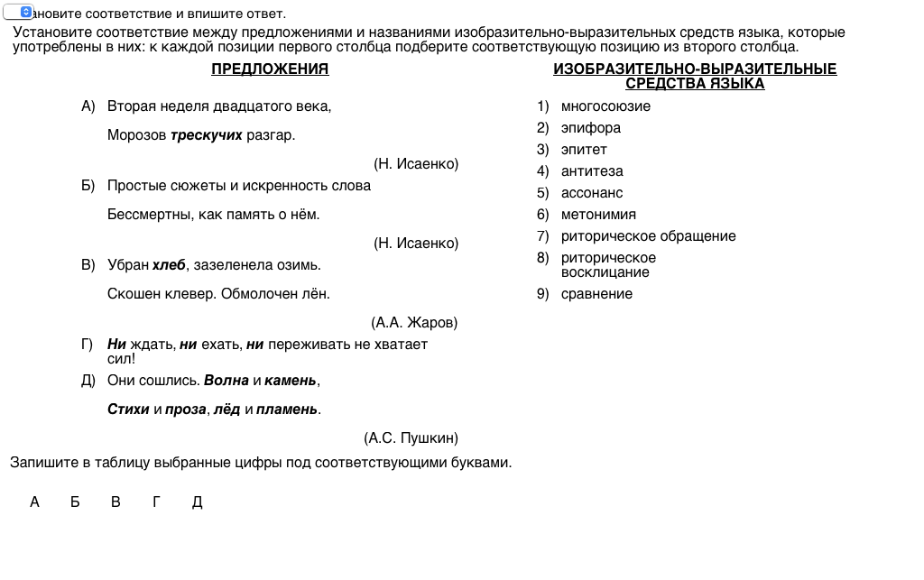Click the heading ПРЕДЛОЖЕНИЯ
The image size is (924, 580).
click(270, 69)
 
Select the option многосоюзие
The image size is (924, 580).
click(605, 106)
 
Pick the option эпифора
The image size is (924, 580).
click(590, 128)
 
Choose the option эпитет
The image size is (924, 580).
click(584, 150)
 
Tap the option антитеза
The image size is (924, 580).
click(592, 171)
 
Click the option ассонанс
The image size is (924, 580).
click(592, 193)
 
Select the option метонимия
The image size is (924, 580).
click(598, 215)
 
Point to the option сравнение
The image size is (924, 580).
click(596, 294)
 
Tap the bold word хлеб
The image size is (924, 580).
click(169, 265)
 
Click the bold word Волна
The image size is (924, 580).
click(226, 381)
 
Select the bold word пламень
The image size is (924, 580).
click(287, 410)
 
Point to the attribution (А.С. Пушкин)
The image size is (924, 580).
click(411, 438)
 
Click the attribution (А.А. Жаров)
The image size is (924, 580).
click(414, 323)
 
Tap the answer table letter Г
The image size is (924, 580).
click(156, 502)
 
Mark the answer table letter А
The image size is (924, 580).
click(34, 502)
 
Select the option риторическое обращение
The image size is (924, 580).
click(648, 236)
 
